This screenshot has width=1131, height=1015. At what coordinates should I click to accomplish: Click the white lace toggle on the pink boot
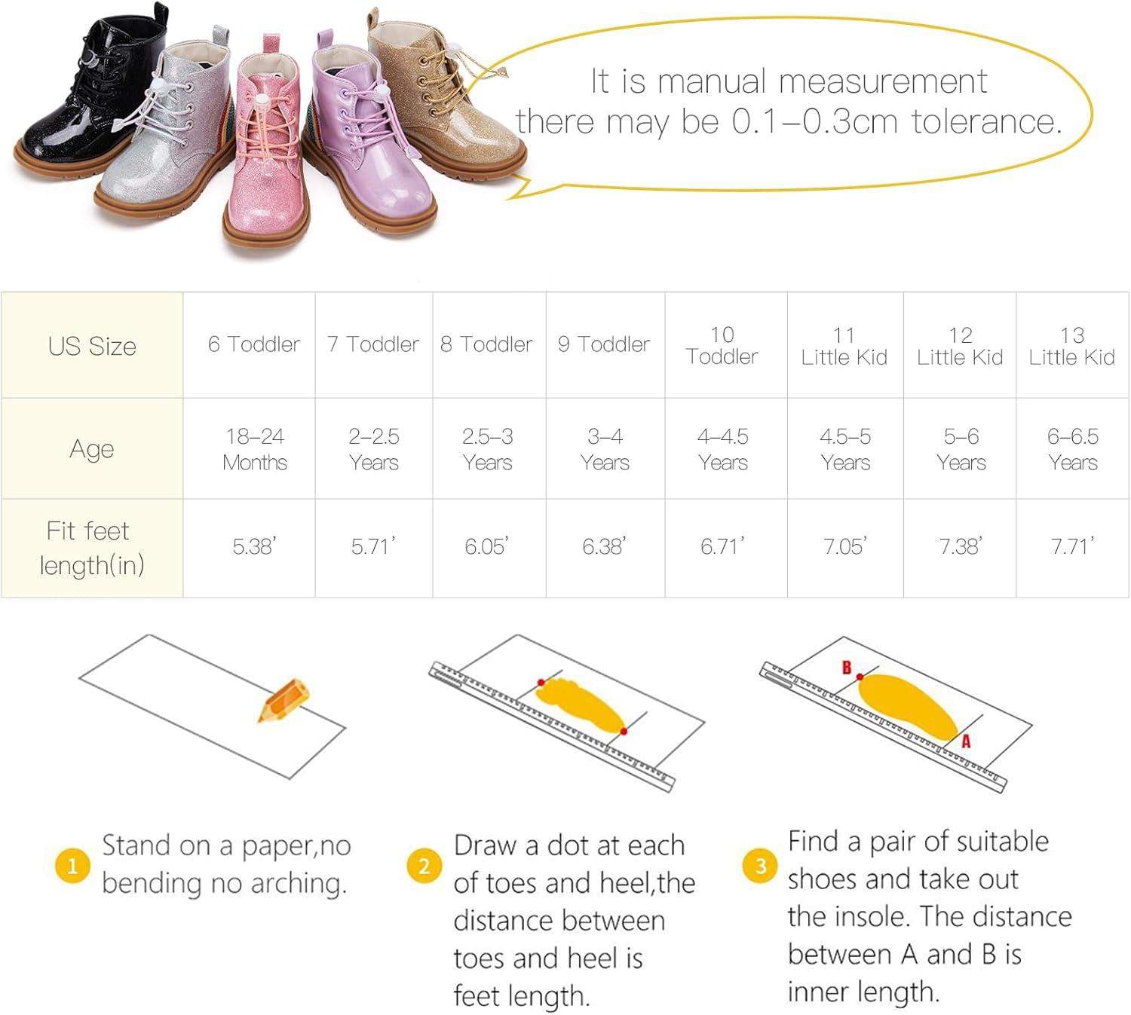click(261, 100)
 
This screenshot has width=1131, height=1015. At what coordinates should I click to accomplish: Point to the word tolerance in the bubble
click(986, 121)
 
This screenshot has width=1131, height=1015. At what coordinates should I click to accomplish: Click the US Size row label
click(92, 346)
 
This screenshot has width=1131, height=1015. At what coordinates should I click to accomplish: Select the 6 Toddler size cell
click(254, 344)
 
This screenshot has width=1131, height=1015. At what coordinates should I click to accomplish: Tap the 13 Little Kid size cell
click(1072, 346)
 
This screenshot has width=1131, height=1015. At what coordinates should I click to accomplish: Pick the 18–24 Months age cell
click(255, 449)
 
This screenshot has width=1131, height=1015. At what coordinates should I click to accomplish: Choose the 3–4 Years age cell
click(605, 449)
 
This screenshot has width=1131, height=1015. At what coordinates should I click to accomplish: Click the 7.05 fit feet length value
click(845, 546)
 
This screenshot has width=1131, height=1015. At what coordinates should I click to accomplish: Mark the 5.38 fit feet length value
click(255, 546)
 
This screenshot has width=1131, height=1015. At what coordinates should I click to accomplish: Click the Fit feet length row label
click(92, 548)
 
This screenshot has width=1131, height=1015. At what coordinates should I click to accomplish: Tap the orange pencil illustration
click(284, 700)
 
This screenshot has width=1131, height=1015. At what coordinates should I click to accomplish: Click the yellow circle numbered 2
click(425, 866)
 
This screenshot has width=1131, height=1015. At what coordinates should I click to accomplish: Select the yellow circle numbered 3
click(760, 866)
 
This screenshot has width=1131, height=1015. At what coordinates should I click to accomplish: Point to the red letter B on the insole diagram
click(846, 667)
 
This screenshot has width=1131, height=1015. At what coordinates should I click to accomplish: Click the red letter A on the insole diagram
click(967, 741)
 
